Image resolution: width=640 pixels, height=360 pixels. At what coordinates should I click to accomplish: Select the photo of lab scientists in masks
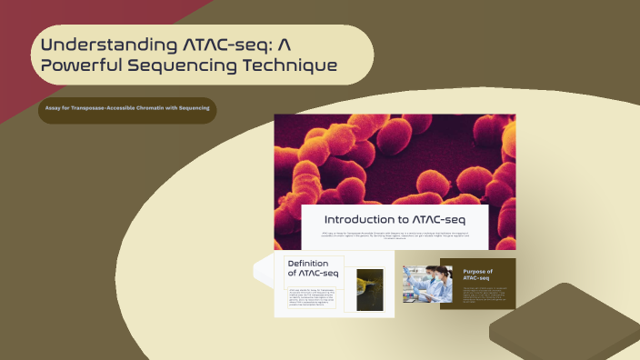tap(421, 284)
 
